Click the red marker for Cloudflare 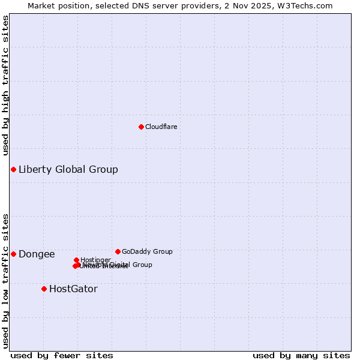[x=141, y=127]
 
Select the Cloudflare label [x=161, y=127]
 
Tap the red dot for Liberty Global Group [x=13, y=169]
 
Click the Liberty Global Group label [x=68, y=169]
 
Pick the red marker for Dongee [x=13, y=254]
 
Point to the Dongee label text [x=37, y=254]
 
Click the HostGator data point [x=44, y=289]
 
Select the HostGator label [x=73, y=289]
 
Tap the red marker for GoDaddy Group [x=118, y=251]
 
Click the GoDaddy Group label [x=147, y=251]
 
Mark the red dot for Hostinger [x=77, y=260]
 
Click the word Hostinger [x=95, y=260]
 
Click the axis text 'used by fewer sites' [x=62, y=356]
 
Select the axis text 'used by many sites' [x=301, y=356]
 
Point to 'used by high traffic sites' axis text [x=6, y=85]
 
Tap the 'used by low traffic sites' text [x=6, y=280]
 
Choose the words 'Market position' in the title [x=55, y=5]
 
